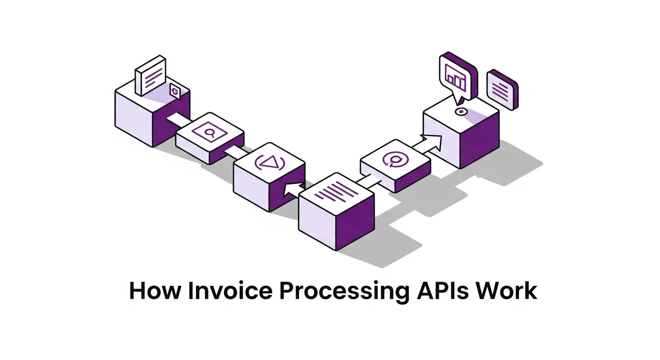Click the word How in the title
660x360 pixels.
[155, 291]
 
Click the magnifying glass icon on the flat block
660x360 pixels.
[210, 133]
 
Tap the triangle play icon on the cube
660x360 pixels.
[270, 163]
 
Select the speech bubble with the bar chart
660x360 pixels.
[458, 77]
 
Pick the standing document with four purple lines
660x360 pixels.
[150, 75]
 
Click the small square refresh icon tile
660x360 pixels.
[175, 91]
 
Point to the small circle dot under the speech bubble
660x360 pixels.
[461, 112]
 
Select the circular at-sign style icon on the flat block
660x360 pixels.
[396, 159]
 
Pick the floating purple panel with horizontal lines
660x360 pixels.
[502, 90]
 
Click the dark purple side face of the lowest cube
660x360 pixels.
[355, 223]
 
